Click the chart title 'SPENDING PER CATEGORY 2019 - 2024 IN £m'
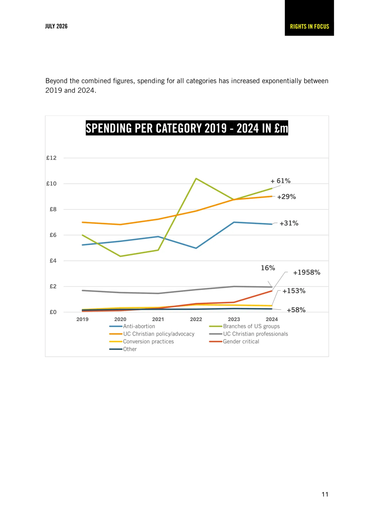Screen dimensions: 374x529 click(187, 128)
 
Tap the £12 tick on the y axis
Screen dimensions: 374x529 click(51, 158)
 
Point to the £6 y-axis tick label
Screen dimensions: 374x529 click(53, 235)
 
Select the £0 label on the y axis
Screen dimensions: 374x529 click(53, 312)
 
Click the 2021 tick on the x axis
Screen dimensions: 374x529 click(158, 319)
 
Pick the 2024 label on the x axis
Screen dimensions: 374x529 click(272, 319)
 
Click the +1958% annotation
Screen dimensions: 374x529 click(307, 272)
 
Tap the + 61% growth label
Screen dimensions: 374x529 click(280, 181)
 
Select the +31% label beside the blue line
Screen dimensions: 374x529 click(289, 223)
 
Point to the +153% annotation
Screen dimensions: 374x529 click(294, 291)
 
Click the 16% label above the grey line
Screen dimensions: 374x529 click(268, 268)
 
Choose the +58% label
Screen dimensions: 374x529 click(296, 310)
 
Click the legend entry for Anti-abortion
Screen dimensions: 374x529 click(132, 326)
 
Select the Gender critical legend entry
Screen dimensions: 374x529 click(234, 341)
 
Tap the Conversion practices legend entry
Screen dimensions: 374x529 click(141, 341)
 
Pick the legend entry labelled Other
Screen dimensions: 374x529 click(123, 349)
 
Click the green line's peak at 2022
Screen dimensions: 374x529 click(196, 179)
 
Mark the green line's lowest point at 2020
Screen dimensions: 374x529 click(120, 256)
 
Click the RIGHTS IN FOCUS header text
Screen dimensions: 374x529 click(309, 27)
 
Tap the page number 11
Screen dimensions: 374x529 click(325, 494)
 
